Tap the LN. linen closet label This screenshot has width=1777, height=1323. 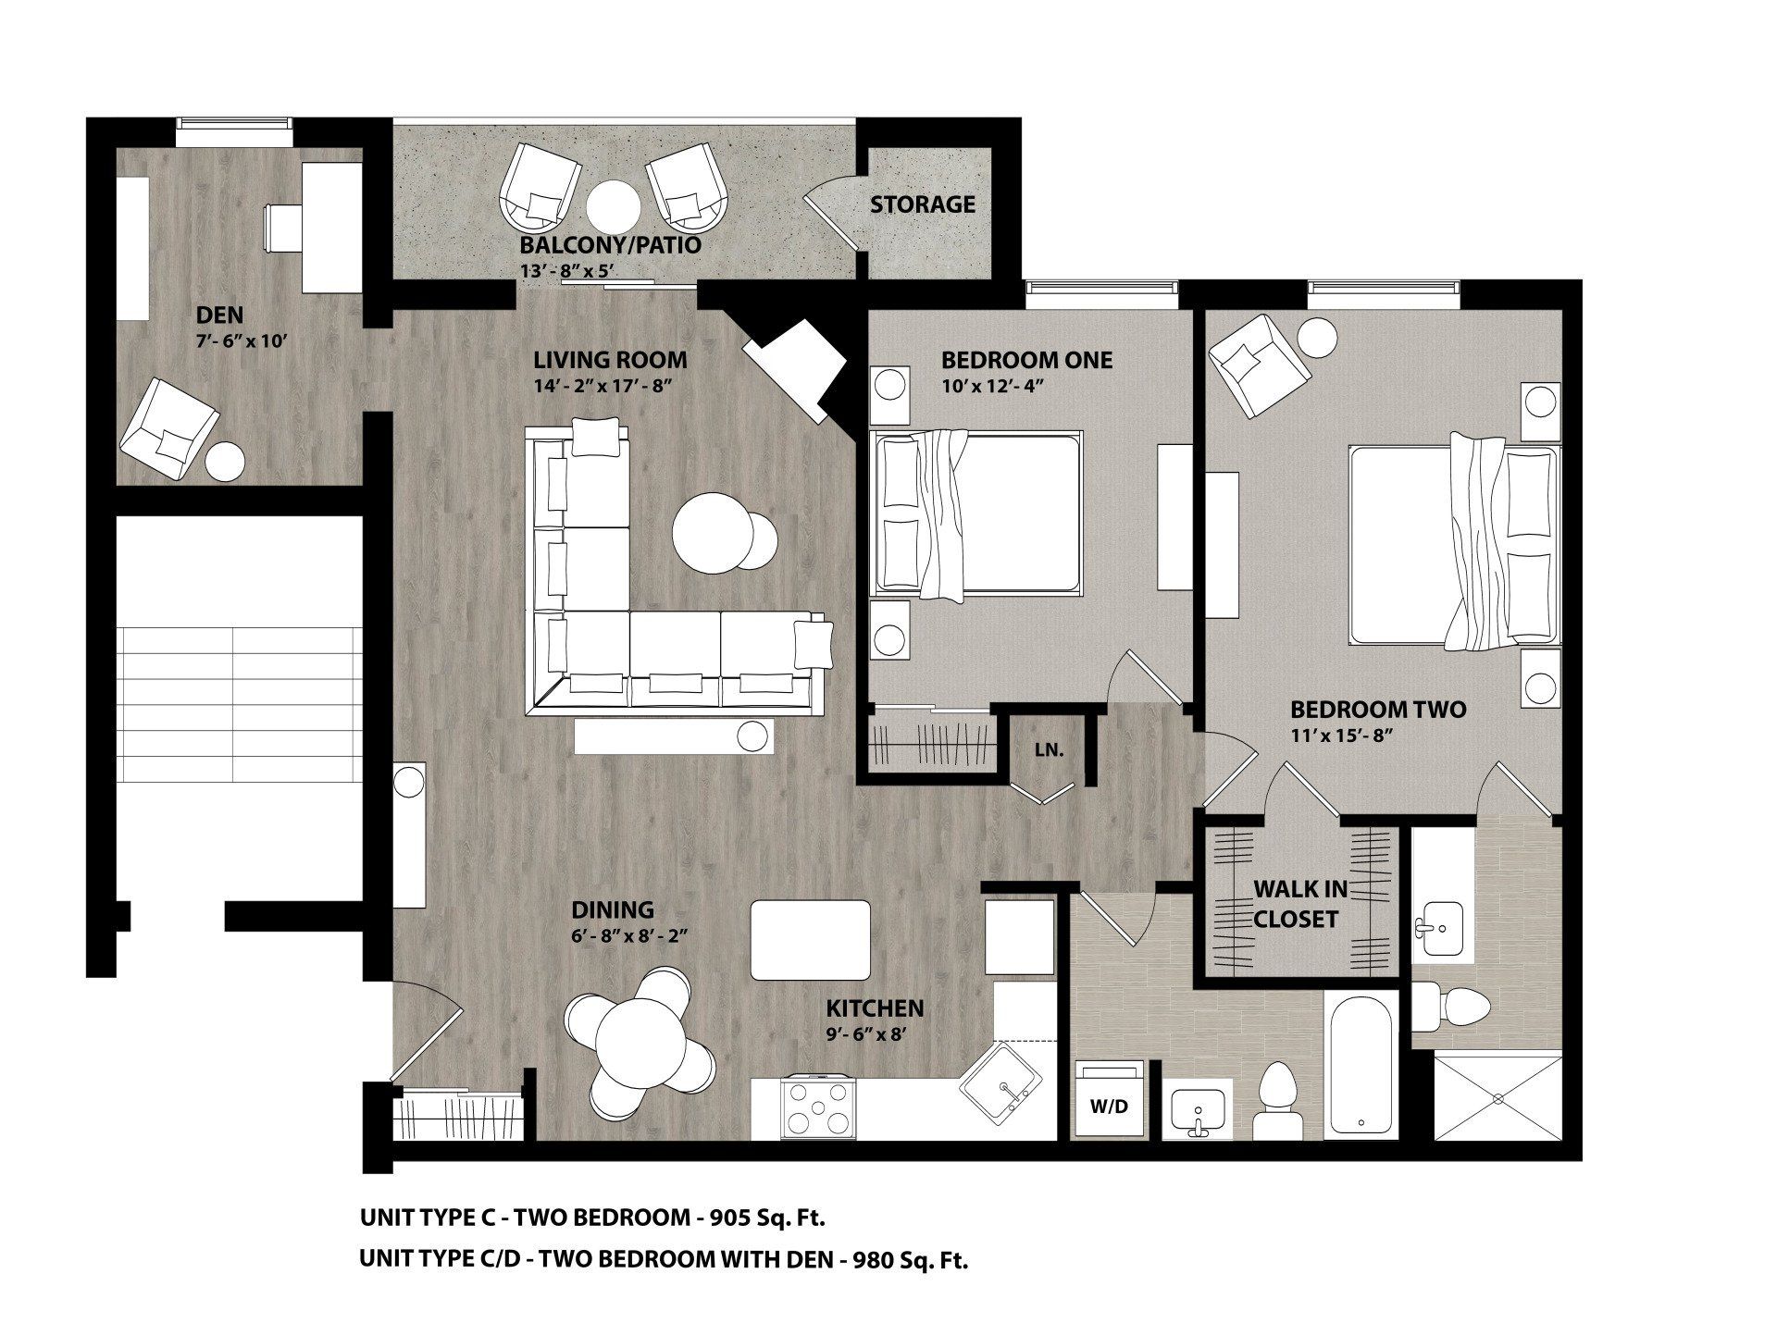tap(1049, 750)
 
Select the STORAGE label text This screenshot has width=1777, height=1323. tap(922, 204)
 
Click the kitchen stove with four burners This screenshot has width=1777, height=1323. tap(817, 1108)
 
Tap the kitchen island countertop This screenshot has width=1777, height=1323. tap(810, 940)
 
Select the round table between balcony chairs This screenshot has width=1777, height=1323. tap(613, 205)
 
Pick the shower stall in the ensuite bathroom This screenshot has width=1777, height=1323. tap(1497, 1097)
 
